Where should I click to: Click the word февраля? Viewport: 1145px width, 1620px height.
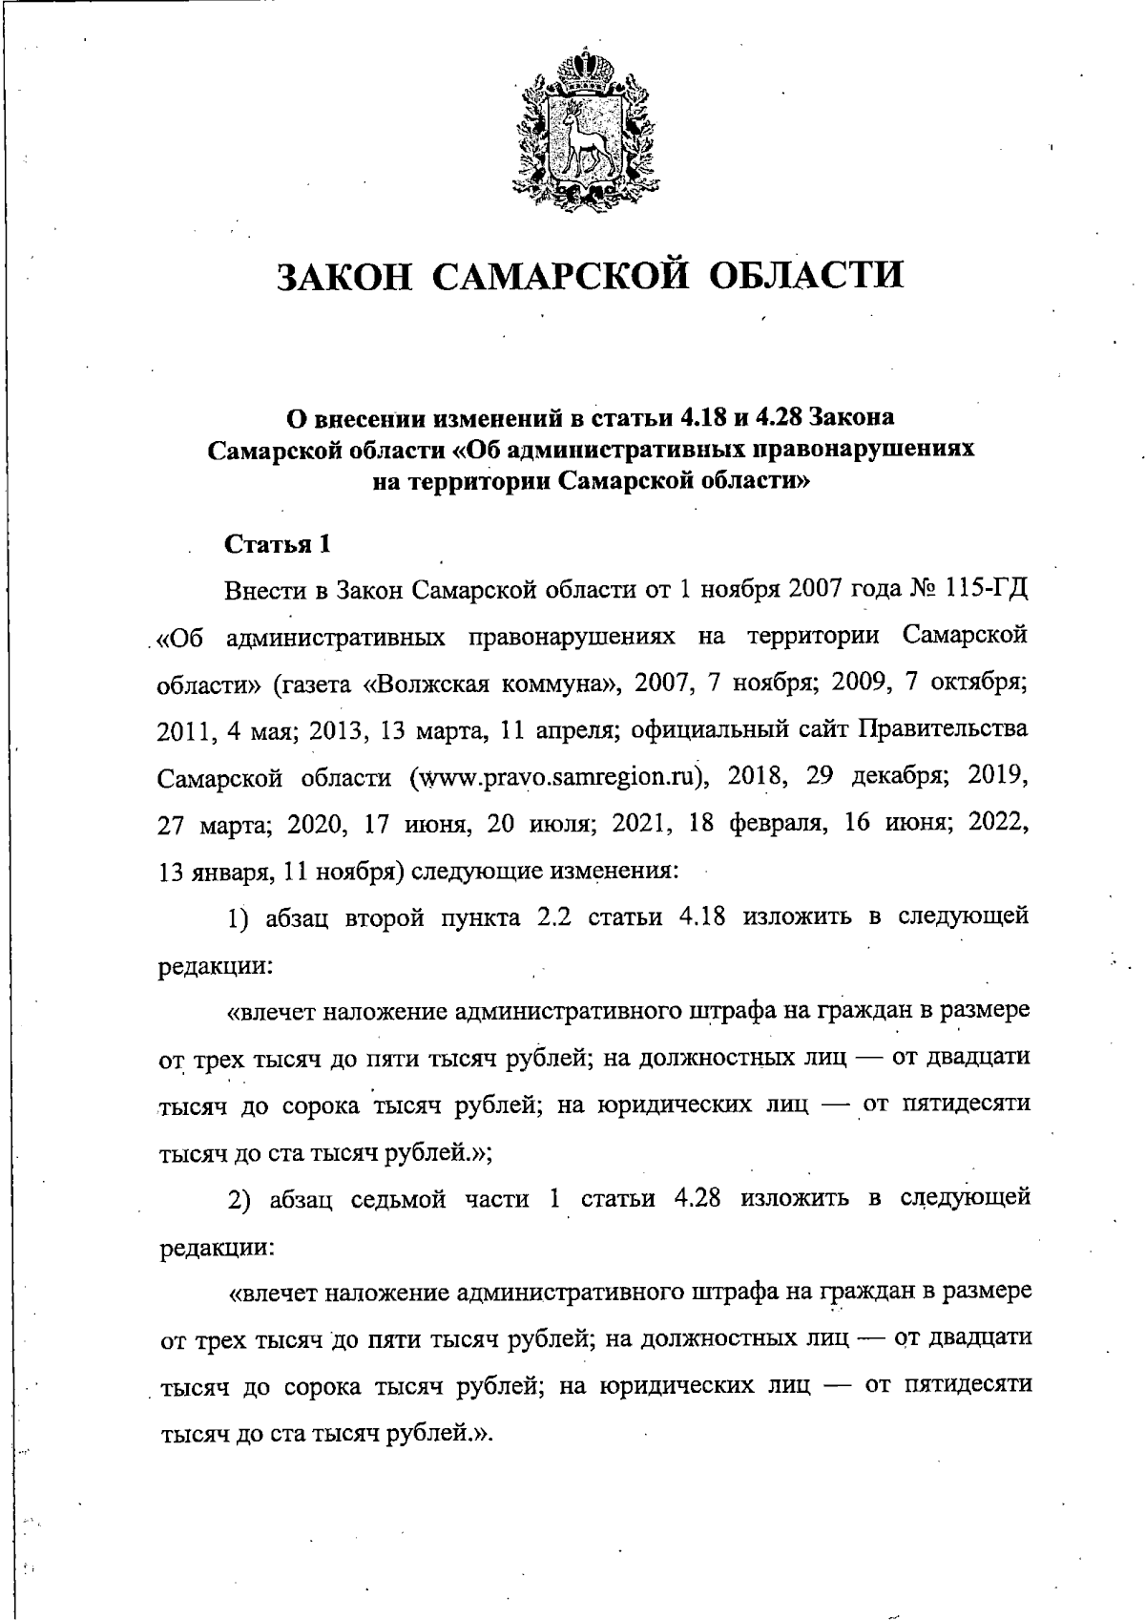[773, 824]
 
